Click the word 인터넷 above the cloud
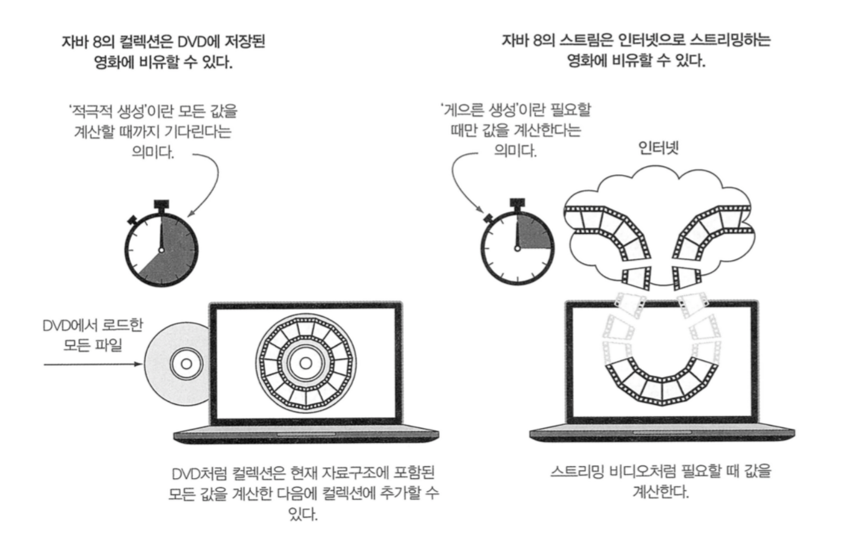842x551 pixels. point(658,148)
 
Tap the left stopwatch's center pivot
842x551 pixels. point(162,250)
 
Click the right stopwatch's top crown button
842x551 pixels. point(517,204)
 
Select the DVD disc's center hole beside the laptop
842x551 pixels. point(186,364)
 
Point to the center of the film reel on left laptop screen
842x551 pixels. point(305,363)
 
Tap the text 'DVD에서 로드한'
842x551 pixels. point(93,325)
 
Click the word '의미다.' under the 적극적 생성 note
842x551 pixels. point(152,152)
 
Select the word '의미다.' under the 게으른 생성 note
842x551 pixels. point(515,151)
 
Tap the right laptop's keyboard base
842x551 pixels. point(662,434)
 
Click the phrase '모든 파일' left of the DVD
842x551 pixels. point(93,345)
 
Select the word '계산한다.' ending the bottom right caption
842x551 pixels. point(660,491)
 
